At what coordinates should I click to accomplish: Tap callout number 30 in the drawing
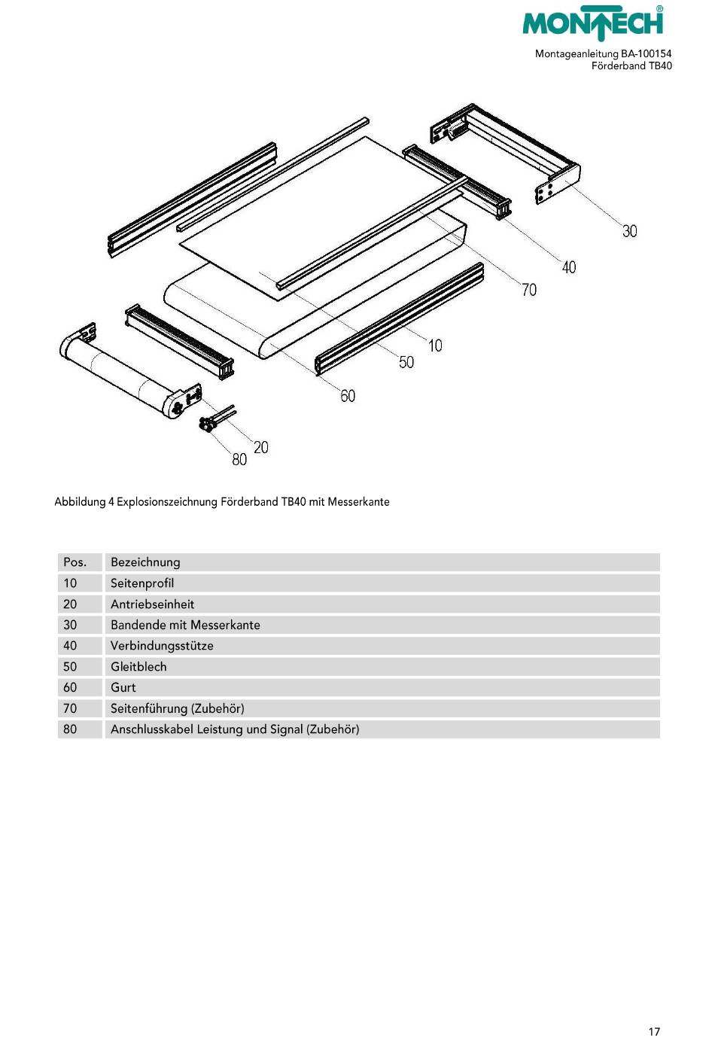point(629,231)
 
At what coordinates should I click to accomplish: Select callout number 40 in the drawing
point(569,267)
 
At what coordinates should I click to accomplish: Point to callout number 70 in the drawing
point(529,290)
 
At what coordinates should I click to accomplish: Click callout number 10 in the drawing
point(435,345)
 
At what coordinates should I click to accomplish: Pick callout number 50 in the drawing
point(406,363)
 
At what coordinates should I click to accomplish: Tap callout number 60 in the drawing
point(348,396)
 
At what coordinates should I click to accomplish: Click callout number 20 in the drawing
point(260,448)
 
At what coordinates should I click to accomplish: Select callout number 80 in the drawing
point(239,460)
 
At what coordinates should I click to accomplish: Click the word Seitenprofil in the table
point(142,583)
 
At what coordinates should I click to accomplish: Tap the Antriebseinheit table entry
point(152,604)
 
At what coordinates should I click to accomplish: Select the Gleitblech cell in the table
point(138,667)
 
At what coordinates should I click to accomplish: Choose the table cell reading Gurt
point(123,688)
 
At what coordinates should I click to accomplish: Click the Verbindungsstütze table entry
point(162,646)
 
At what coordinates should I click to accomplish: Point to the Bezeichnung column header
point(145,562)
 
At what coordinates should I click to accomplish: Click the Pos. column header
point(75,562)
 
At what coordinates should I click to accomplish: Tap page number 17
point(654,1032)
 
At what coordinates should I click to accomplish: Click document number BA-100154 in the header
point(646,54)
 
